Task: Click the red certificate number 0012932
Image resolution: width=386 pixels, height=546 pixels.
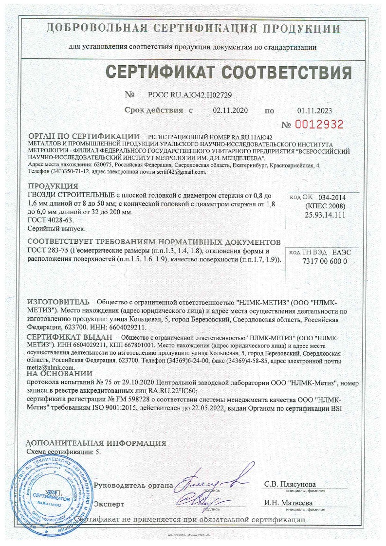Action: (319, 124)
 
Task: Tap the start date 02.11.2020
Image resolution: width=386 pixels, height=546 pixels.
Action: (230, 110)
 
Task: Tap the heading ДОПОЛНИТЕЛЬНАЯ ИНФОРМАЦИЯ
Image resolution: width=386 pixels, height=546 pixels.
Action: (95, 443)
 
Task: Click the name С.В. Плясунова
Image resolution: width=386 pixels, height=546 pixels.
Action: (290, 485)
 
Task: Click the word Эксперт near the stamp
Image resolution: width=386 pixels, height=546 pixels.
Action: (109, 504)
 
